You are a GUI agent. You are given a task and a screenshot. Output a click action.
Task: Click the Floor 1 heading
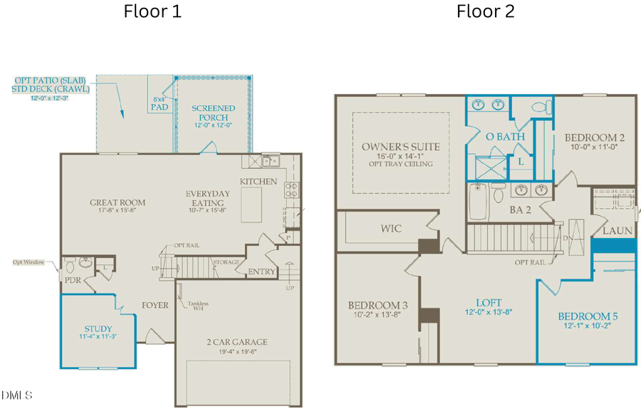pyautogui.click(x=152, y=11)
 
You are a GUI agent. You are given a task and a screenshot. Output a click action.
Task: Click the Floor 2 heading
pyautogui.click(x=485, y=11)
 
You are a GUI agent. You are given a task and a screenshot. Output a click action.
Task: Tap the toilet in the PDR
pyautogui.click(x=71, y=266)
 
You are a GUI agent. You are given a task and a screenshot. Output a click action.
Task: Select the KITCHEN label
pyautogui.click(x=258, y=181)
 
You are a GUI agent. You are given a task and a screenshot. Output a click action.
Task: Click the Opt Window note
pyautogui.click(x=28, y=262)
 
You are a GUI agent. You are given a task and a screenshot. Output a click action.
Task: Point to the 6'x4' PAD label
pyautogui.click(x=160, y=103)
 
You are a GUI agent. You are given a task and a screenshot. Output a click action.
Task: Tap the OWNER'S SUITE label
pyautogui.click(x=400, y=147)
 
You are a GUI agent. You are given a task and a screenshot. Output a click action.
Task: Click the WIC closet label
pyautogui.click(x=391, y=229)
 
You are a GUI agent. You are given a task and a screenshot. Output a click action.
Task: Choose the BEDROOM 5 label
pyautogui.click(x=588, y=316)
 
